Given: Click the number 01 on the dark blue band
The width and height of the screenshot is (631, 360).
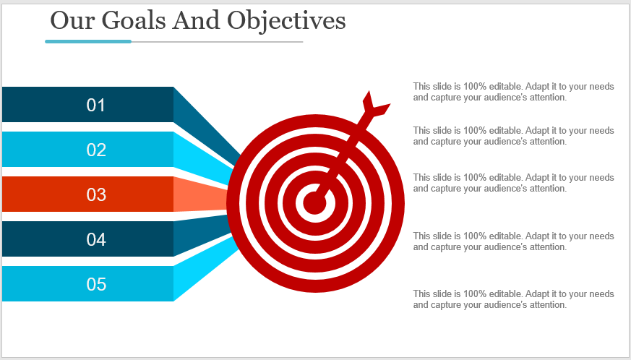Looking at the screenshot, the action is (x=96, y=105).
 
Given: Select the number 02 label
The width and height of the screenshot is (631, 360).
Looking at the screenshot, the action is (x=96, y=150).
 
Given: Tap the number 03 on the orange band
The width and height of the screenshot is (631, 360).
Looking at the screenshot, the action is (x=96, y=194).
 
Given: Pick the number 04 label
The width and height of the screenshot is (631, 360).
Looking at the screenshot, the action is (x=96, y=239).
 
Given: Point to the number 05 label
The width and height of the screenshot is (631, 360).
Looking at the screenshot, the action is (x=96, y=284).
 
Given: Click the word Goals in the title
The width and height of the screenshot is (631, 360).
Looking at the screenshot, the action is (x=133, y=20).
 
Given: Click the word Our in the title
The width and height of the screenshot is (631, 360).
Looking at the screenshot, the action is (x=72, y=20).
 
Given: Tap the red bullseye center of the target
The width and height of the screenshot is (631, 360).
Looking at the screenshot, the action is (x=314, y=202).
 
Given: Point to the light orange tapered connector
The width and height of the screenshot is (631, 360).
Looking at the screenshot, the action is (x=201, y=194).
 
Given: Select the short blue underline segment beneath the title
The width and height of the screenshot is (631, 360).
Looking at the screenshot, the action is (x=88, y=41).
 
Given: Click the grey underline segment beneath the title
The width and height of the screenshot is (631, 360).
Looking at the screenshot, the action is (x=218, y=41).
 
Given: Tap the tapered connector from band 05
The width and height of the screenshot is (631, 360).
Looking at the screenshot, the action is (x=205, y=270).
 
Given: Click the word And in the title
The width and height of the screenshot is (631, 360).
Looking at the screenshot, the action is (x=196, y=20).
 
